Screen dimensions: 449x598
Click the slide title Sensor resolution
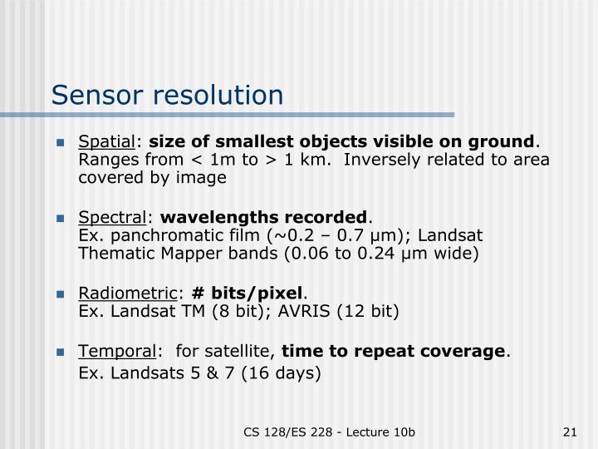pos(167,94)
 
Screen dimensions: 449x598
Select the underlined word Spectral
pos(111,218)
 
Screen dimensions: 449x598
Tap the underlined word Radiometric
pos(128,294)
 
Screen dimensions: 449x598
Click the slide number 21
pos(570,431)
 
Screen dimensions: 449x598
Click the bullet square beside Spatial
pos(61,142)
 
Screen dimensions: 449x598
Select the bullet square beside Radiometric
pos(61,294)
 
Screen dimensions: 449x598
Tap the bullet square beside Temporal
pos(61,352)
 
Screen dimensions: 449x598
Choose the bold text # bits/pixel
pos(248,294)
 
